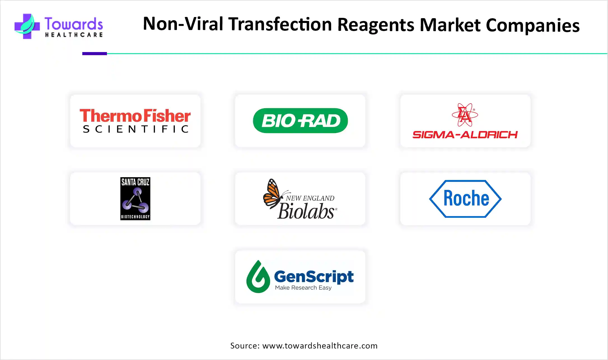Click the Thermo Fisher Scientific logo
135,121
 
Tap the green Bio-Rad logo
300,121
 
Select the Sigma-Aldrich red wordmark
465,135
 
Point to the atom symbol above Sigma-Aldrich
465,115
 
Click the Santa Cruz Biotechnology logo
135,198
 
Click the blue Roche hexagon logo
465,199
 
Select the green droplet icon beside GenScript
258,277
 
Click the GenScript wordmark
314,277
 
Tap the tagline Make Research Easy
303,288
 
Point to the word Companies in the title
533,25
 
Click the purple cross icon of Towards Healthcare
27,26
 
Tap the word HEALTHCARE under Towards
74,35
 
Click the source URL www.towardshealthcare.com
320,346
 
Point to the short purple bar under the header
95,53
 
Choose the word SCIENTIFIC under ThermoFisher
136,129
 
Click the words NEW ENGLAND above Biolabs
310,198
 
